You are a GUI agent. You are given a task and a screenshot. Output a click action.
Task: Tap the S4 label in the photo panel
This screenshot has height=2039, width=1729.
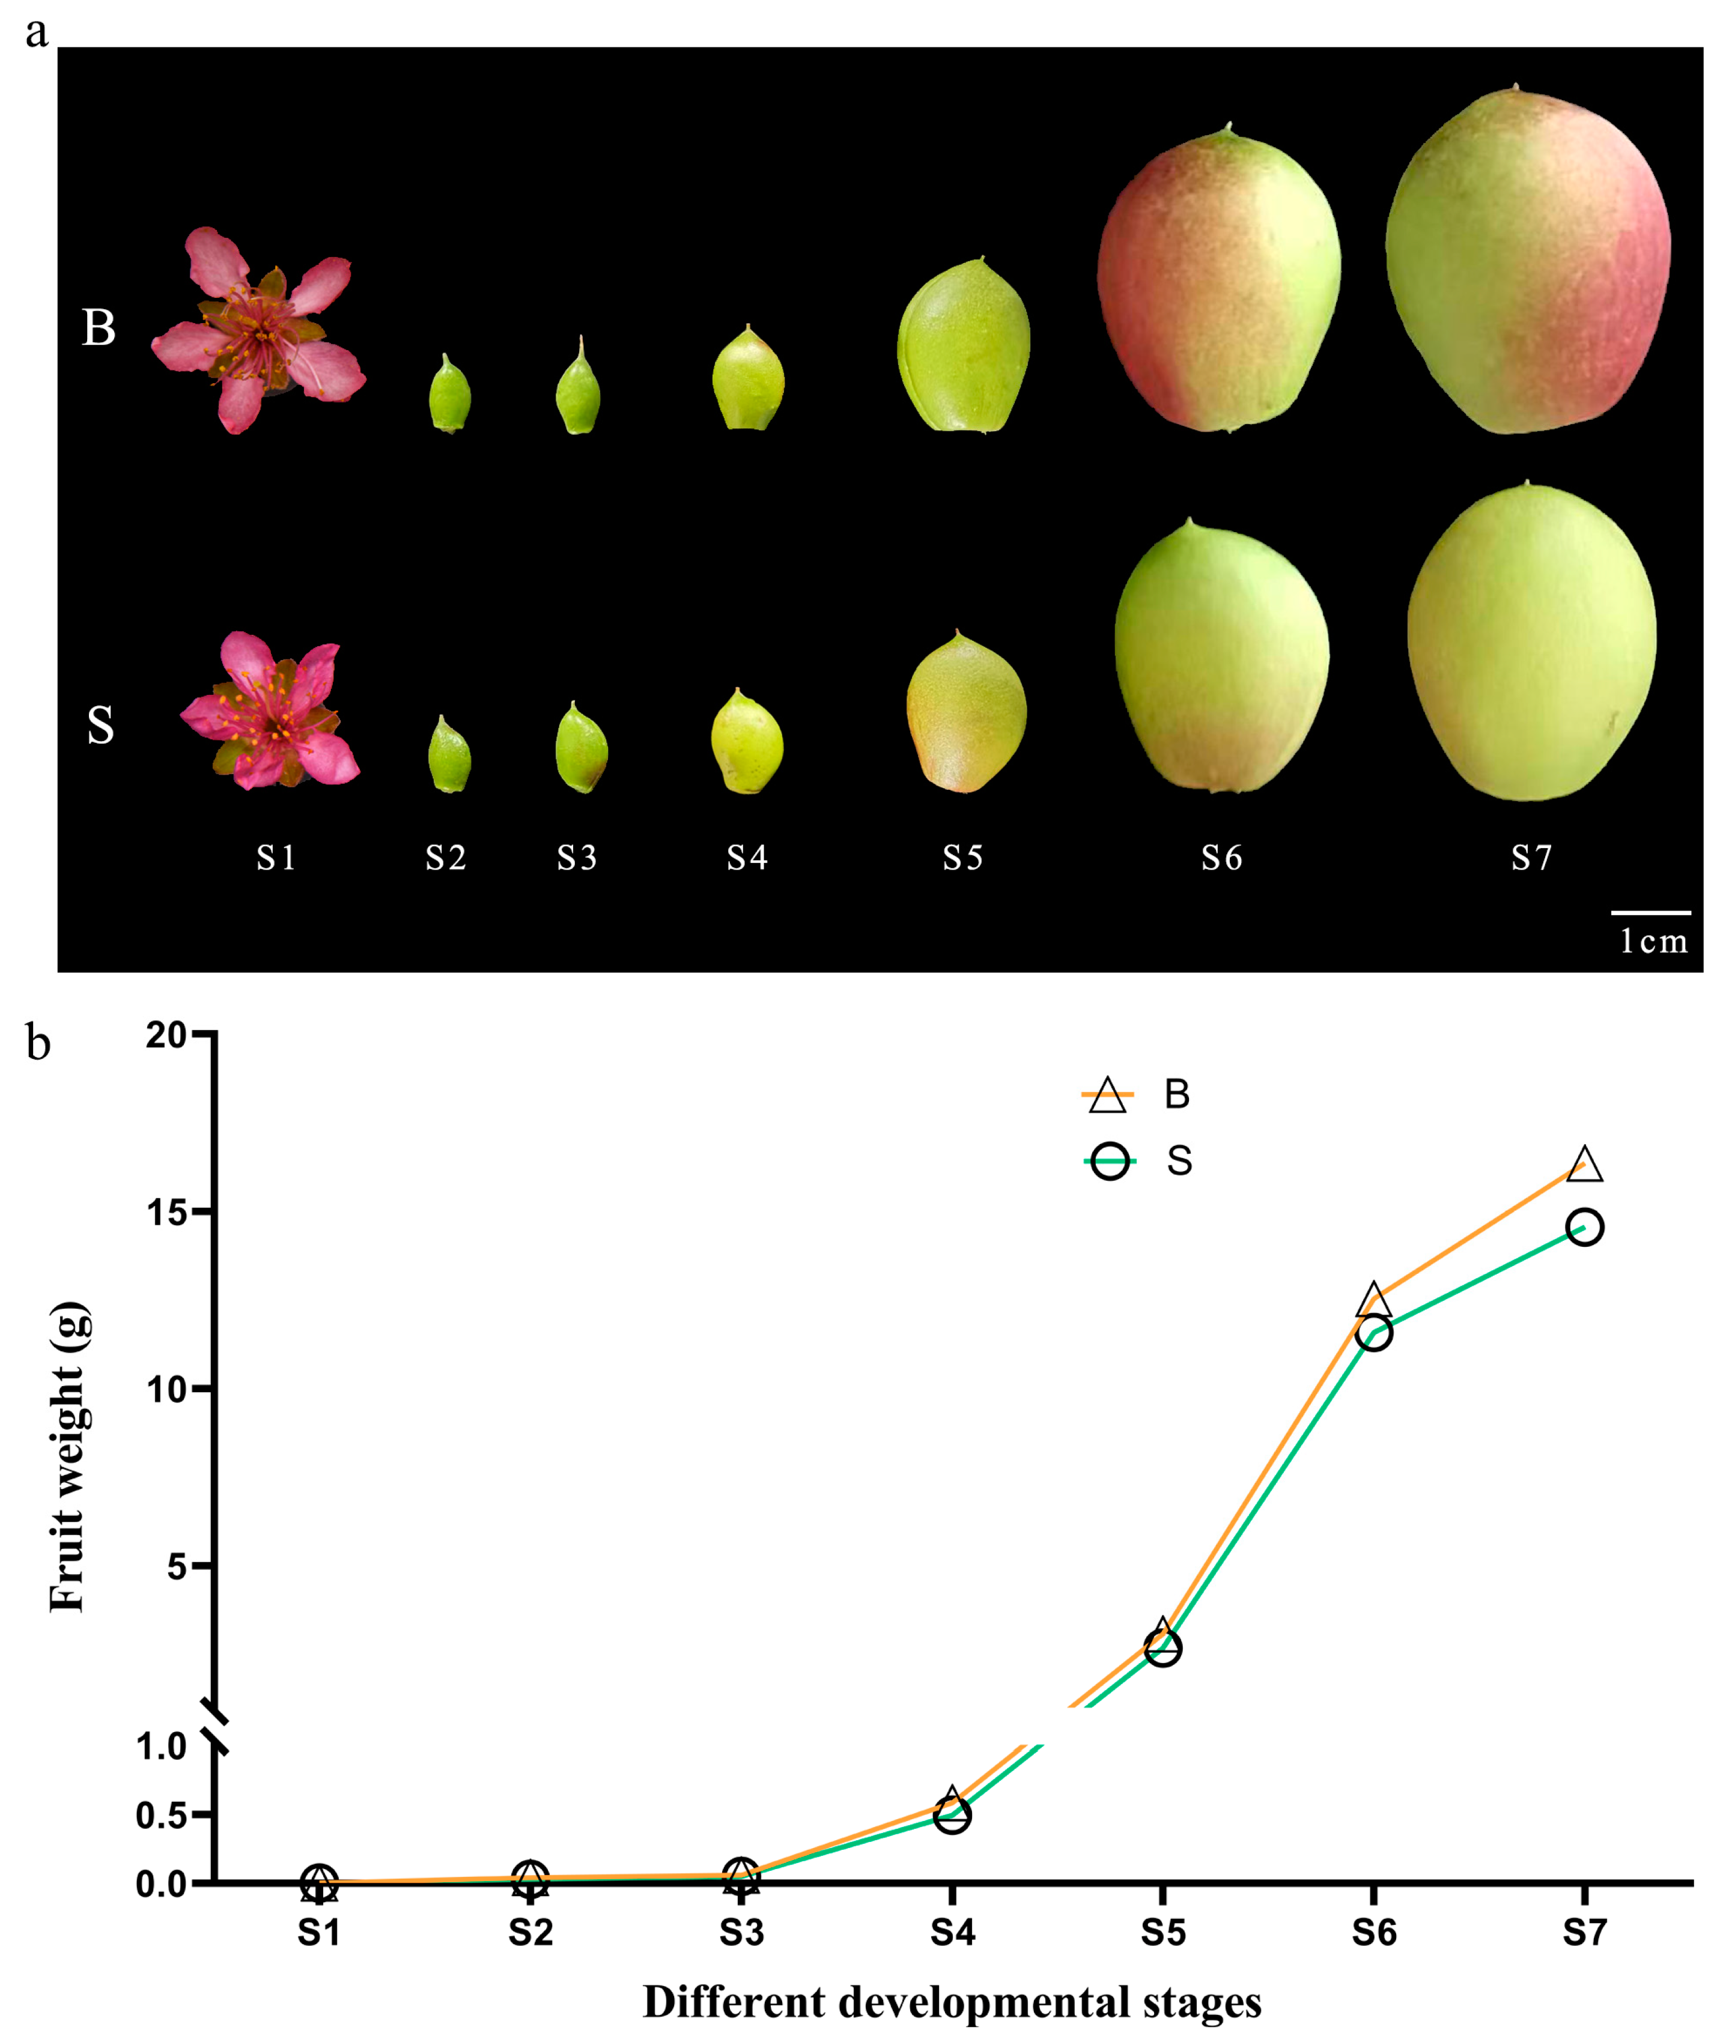point(747,858)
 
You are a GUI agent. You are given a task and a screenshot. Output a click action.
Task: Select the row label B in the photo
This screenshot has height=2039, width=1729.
point(98,329)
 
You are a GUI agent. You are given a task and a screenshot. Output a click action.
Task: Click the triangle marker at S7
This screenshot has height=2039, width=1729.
point(1585,1166)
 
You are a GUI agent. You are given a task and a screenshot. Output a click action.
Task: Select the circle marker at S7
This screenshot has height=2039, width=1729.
point(1585,1227)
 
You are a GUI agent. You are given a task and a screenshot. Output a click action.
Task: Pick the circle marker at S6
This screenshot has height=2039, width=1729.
point(1374,1333)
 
